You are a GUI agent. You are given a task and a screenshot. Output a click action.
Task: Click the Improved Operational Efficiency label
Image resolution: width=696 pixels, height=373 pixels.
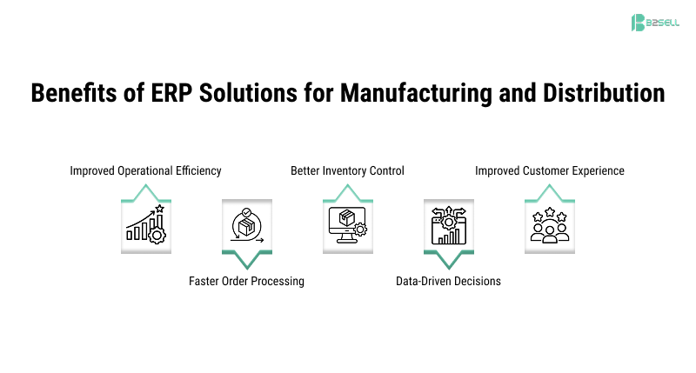coord(145,171)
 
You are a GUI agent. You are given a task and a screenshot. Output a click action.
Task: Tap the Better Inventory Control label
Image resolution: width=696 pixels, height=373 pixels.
coord(347,171)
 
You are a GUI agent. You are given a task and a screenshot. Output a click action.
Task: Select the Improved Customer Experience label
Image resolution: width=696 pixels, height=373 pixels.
coord(549,171)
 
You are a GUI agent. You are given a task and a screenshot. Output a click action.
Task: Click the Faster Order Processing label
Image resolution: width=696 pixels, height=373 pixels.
coord(246,281)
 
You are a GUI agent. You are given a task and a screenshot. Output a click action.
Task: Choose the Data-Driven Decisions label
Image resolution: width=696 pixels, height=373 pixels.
coord(448,281)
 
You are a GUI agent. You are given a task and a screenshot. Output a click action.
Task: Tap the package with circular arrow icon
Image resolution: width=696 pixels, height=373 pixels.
coord(246,225)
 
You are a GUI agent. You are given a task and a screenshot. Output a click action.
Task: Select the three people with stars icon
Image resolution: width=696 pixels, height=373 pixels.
coord(549,225)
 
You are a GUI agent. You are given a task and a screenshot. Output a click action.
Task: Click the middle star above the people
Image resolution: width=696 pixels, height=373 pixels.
coord(549,210)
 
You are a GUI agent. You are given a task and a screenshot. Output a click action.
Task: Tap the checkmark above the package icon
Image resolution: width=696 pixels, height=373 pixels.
coord(246,210)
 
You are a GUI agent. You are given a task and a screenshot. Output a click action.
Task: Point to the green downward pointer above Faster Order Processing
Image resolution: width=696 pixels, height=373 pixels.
coord(246,259)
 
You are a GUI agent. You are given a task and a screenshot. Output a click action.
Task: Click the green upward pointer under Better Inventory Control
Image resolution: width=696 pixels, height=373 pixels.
coord(347,190)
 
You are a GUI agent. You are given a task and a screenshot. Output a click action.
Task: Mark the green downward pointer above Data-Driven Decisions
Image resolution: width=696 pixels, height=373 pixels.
coord(448,259)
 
